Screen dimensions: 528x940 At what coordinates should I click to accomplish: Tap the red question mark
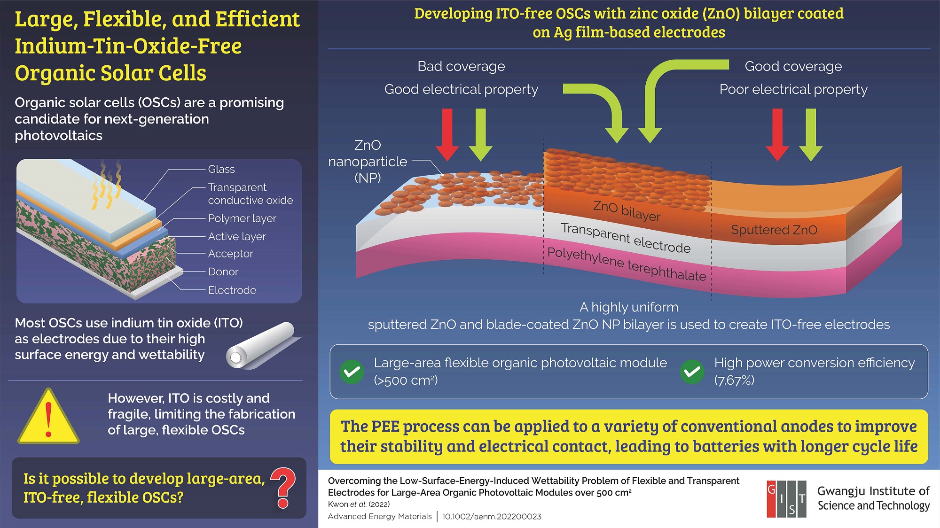283,488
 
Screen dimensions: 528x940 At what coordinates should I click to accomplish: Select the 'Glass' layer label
221,169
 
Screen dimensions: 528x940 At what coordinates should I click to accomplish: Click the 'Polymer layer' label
242,218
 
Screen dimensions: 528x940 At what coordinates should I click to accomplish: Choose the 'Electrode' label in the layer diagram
232,290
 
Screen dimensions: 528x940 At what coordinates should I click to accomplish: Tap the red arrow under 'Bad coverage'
447,134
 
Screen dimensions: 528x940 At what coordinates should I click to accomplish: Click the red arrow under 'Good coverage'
777,134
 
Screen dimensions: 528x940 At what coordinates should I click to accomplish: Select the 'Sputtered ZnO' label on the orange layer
774,230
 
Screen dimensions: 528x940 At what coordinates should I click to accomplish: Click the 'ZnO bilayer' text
627,210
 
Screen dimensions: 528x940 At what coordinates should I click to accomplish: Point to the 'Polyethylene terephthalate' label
627,264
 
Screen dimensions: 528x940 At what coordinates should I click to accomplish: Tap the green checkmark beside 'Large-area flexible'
352,372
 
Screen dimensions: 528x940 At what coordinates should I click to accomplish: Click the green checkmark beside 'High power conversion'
692,372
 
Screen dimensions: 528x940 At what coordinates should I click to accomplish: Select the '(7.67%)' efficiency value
734,380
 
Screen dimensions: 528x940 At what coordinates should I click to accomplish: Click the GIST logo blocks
786,499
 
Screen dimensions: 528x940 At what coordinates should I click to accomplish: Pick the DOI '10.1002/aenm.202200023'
492,517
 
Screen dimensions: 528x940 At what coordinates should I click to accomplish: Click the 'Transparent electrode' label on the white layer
626,238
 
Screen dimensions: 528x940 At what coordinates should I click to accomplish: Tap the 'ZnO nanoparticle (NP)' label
368,162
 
